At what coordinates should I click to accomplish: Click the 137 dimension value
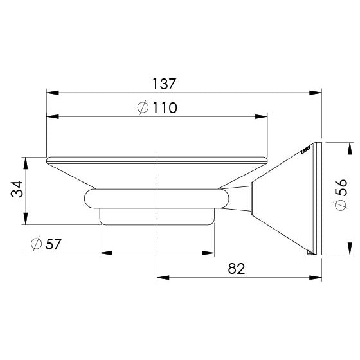click(x=164, y=84)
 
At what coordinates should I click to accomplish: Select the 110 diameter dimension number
click(x=165, y=108)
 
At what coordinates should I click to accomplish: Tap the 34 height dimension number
click(x=17, y=189)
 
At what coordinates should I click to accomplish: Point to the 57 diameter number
click(x=53, y=244)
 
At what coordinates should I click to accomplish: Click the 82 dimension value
click(x=237, y=268)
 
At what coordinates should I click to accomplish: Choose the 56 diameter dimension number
click(x=341, y=187)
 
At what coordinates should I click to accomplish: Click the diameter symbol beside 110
click(x=143, y=107)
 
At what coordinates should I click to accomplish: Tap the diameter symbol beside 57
click(x=36, y=244)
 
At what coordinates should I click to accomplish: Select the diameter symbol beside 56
click(x=341, y=205)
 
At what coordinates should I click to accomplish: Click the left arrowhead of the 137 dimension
click(x=52, y=93)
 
